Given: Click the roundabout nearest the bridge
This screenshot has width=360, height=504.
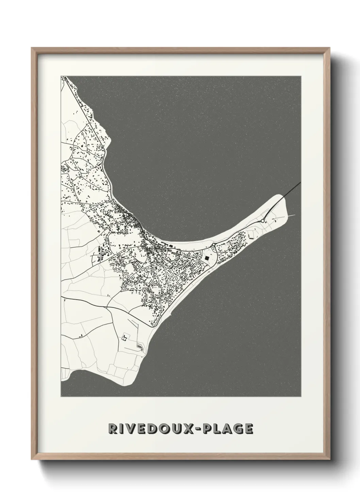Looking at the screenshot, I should (263, 221).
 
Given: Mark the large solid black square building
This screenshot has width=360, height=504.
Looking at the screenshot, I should (207, 258).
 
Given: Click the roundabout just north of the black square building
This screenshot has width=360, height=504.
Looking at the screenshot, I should (213, 245).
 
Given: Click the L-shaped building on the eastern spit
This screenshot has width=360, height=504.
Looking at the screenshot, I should (251, 235).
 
